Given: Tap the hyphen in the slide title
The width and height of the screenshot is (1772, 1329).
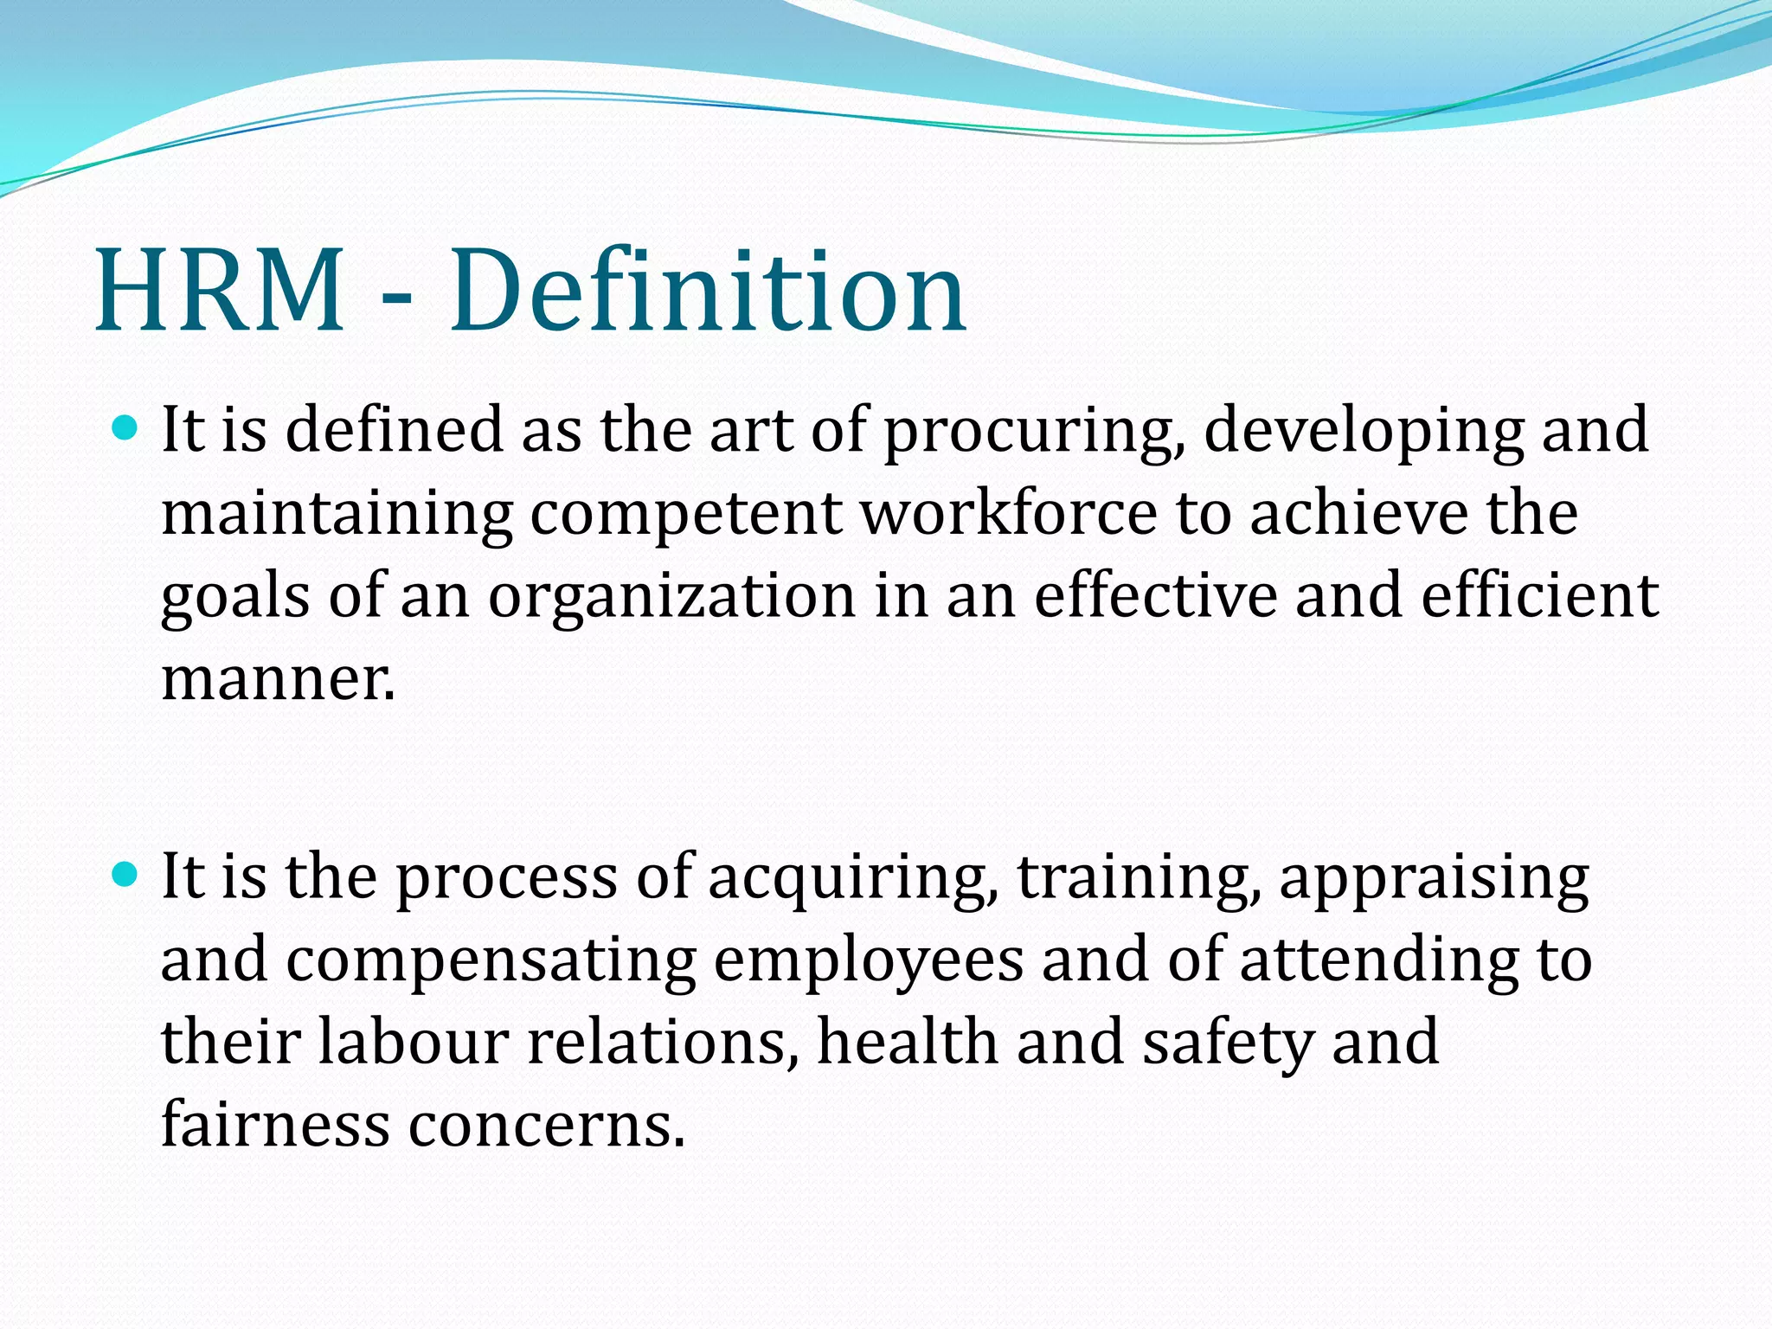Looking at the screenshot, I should [x=396, y=299].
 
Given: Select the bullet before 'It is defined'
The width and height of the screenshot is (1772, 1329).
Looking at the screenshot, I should [x=126, y=427].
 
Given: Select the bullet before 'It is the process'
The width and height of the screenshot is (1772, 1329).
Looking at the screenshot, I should [x=126, y=876].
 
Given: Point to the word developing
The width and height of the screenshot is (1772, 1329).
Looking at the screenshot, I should [x=1363, y=432].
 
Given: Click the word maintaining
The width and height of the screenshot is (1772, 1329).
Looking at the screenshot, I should [x=337, y=515].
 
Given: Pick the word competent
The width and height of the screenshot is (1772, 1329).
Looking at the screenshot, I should [x=685, y=515].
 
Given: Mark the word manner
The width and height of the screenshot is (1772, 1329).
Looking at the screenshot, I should [x=278, y=680].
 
